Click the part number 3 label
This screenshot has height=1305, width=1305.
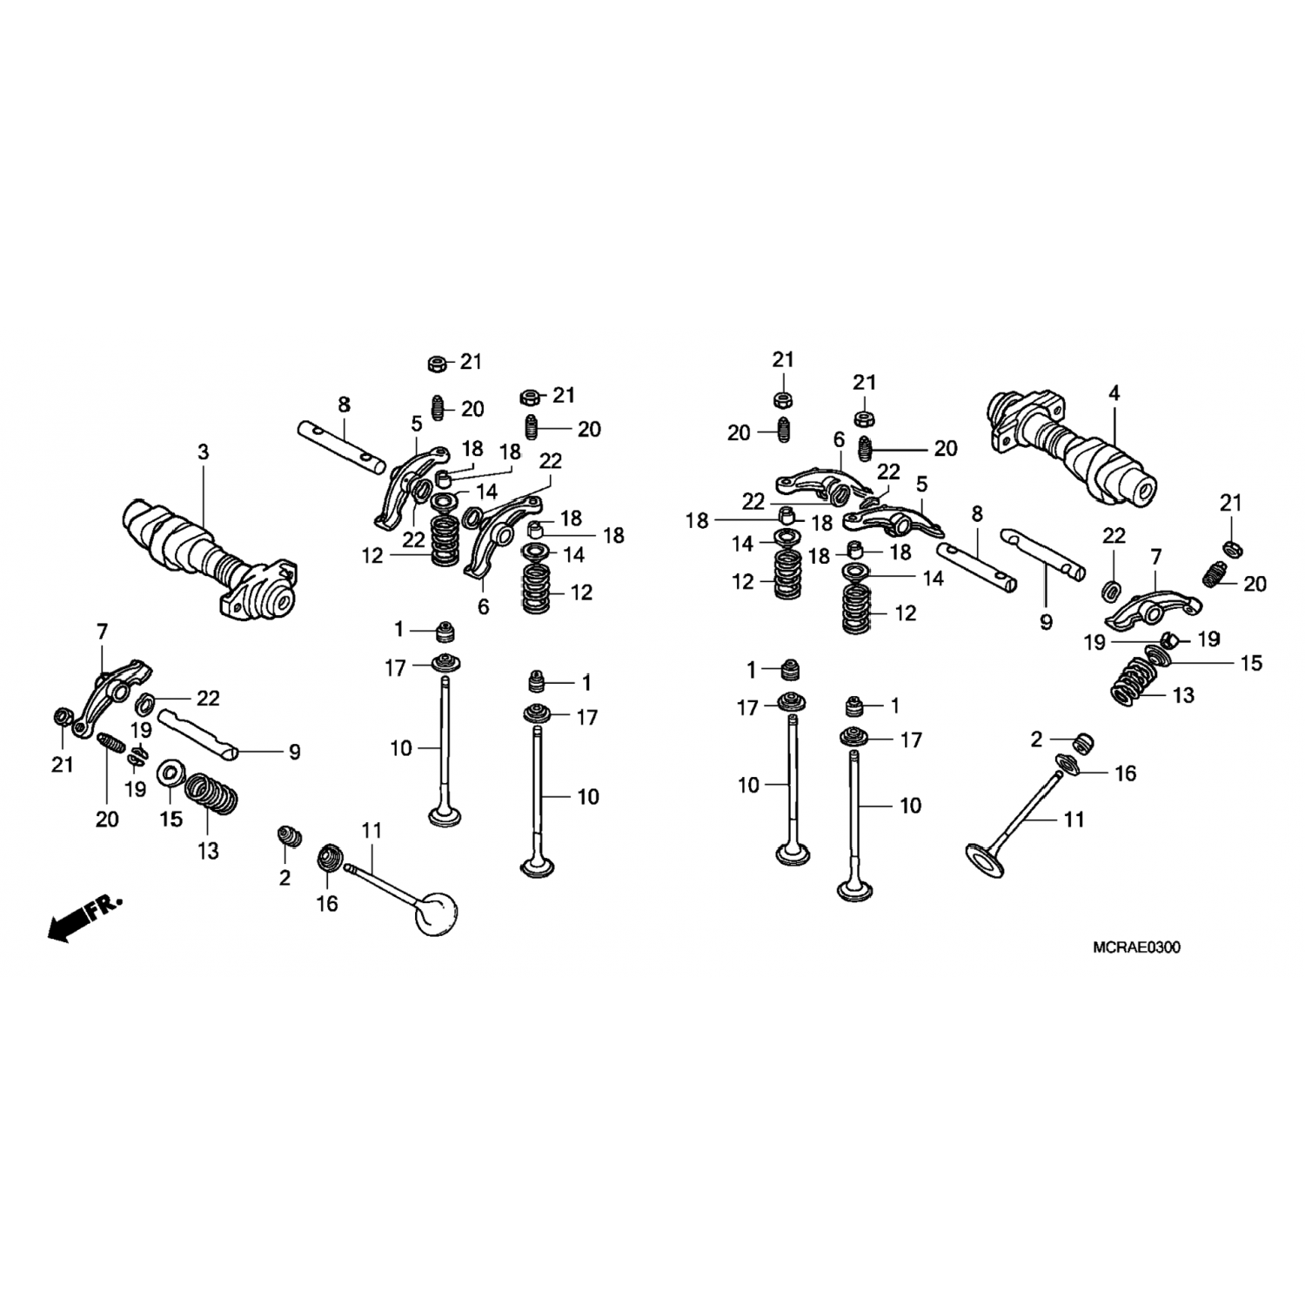point(204,452)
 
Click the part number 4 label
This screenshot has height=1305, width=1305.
point(1114,393)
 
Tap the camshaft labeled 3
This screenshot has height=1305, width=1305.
point(214,560)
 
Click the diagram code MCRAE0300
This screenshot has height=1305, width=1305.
point(1136,947)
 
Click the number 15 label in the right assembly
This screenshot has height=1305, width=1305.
point(1250,664)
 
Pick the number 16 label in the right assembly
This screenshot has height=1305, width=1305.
point(1125,773)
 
